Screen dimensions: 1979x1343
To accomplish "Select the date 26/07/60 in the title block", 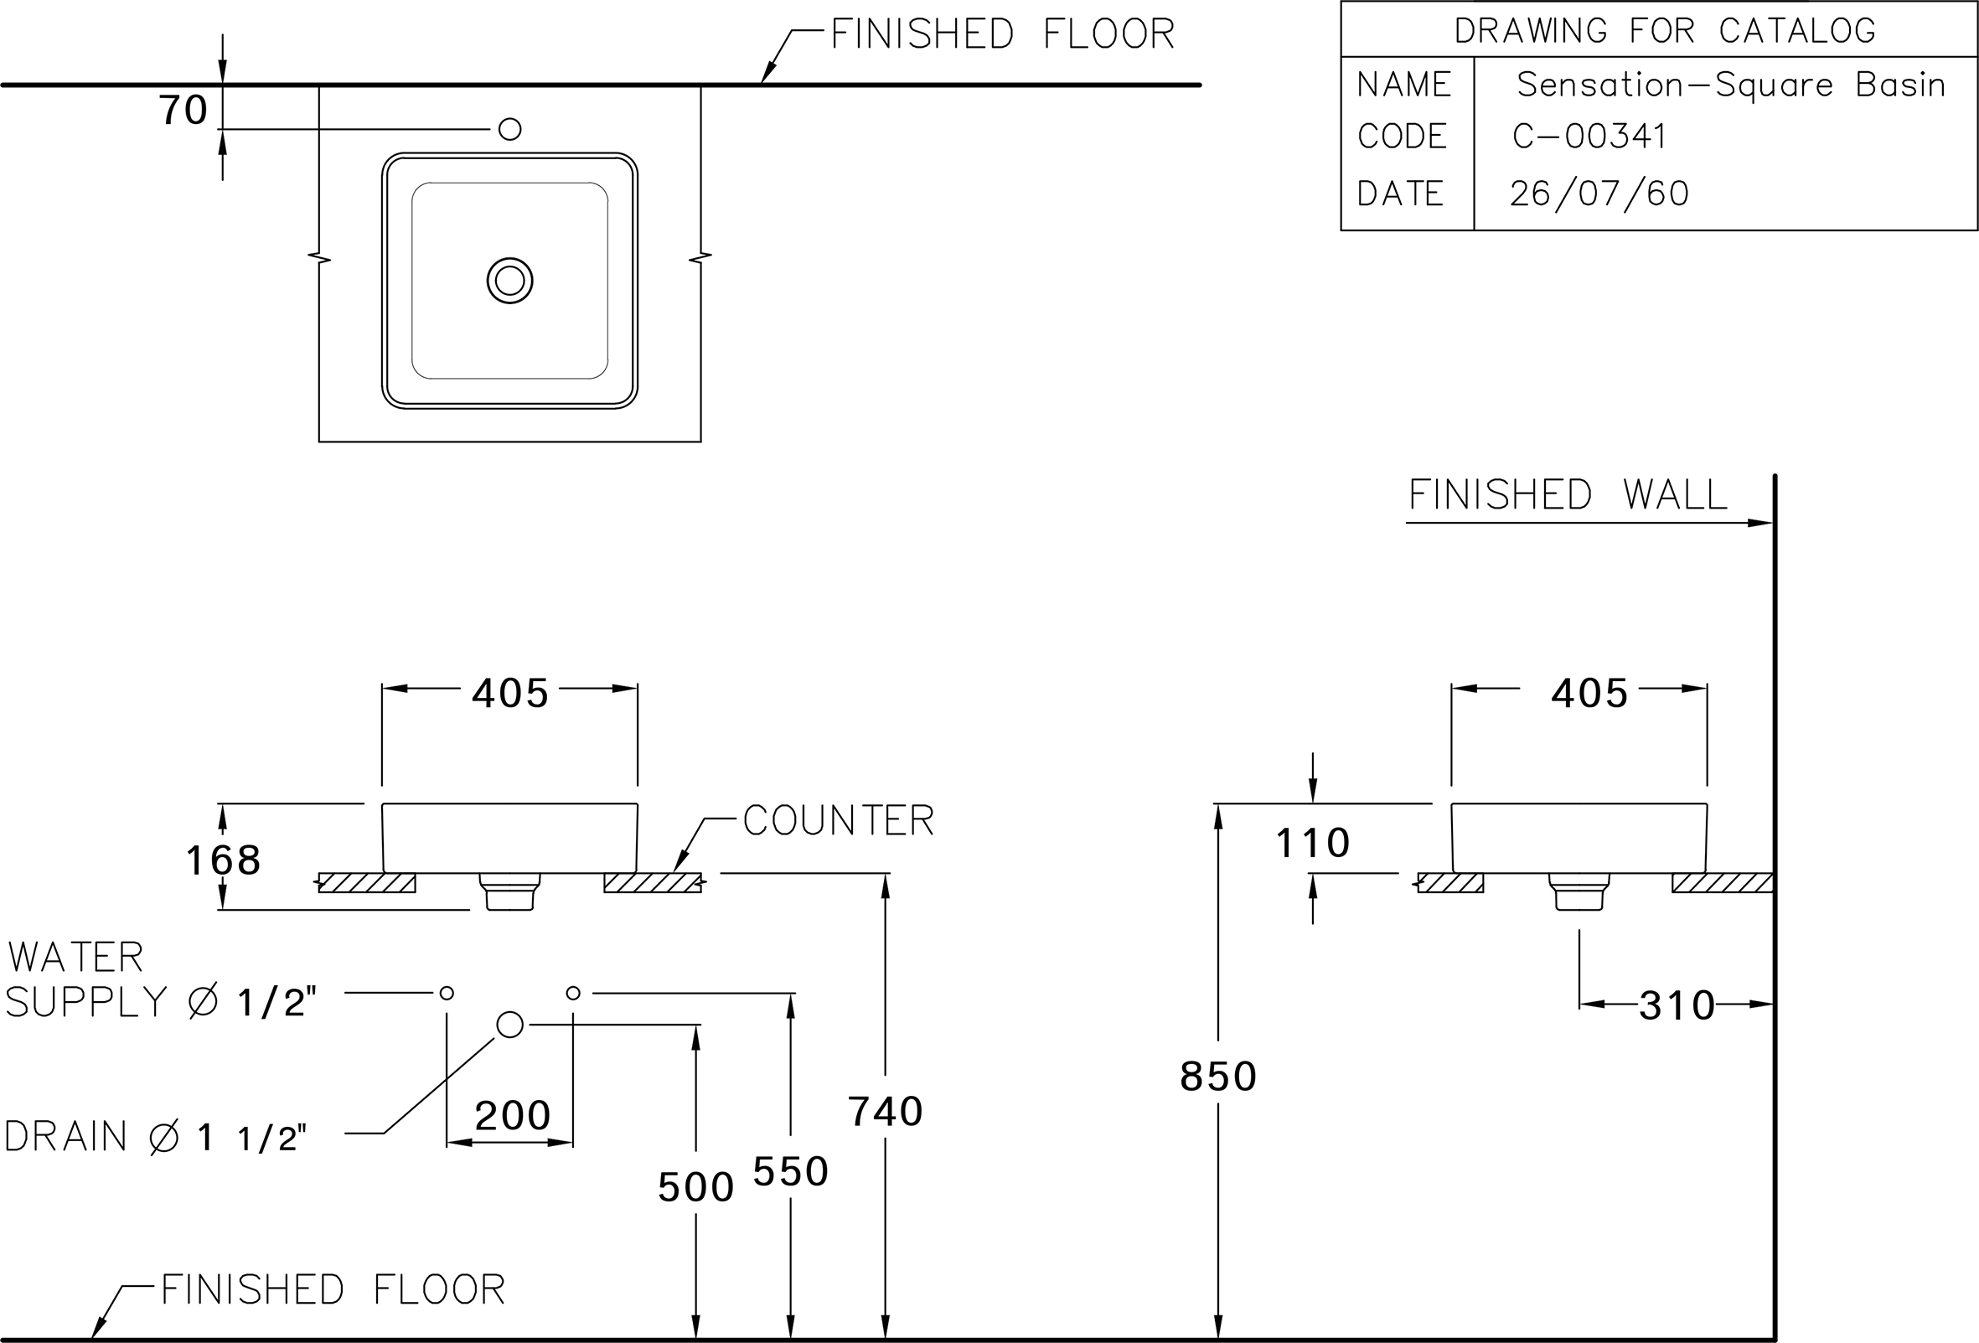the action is click(1599, 194).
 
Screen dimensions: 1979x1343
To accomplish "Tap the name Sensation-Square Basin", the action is click(1731, 85).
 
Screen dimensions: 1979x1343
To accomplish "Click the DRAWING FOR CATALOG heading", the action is click(1665, 31).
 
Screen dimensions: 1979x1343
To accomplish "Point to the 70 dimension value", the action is click(183, 111).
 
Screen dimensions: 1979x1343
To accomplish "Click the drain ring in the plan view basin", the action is click(510, 280).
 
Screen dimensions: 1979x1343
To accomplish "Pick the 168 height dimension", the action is click(223, 860).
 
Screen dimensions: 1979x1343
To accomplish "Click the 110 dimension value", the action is click(1312, 843).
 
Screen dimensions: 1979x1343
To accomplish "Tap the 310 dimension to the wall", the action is click(1677, 1005).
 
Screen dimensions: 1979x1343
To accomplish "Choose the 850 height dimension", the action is click(1218, 1077).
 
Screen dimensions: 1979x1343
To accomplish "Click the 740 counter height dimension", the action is click(886, 1112).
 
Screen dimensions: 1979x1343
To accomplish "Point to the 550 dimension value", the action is click(791, 1172).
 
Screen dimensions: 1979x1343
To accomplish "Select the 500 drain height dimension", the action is click(695, 1187).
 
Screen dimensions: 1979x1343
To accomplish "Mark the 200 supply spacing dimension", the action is click(513, 1116).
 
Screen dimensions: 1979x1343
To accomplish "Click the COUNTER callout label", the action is click(839, 820).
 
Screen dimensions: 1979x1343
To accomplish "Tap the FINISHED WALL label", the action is click(1568, 495).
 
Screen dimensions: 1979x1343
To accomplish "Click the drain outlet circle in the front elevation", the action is click(509, 1025).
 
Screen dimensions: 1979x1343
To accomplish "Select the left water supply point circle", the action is click(447, 993).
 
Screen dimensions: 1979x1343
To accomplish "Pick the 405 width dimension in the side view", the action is click(1589, 693).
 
